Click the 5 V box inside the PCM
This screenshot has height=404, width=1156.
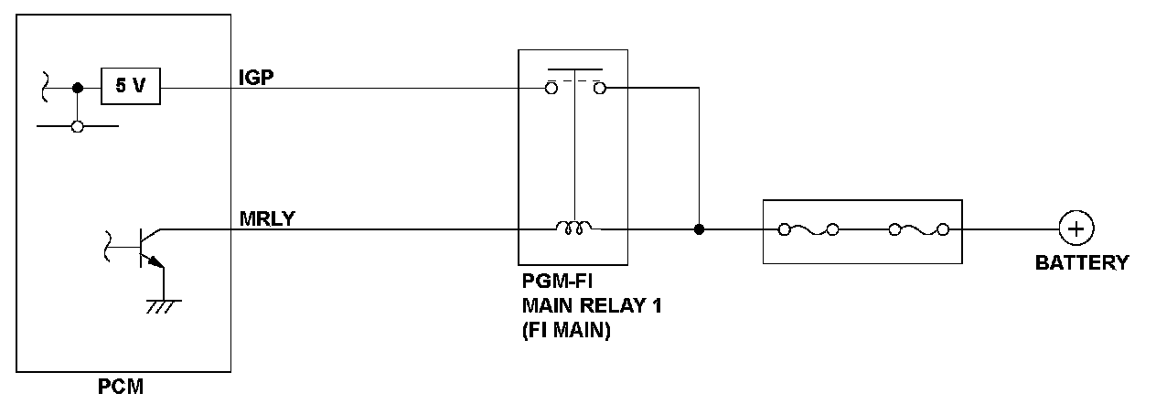tap(131, 86)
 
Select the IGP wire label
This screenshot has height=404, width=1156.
tap(256, 78)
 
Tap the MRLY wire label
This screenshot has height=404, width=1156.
tap(267, 218)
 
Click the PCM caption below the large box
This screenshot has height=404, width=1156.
tap(121, 387)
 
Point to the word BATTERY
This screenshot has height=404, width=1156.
tap(1082, 262)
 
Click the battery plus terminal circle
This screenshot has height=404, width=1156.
tap(1076, 229)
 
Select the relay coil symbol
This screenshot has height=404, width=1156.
tap(573, 228)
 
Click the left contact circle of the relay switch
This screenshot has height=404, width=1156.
tap(551, 89)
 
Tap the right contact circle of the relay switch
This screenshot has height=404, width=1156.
tap(600, 89)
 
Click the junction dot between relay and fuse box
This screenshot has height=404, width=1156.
tap(699, 229)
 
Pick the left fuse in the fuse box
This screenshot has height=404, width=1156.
tap(808, 230)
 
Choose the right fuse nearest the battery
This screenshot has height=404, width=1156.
tap(919, 230)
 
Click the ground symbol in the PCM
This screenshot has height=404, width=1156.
tap(164, 306)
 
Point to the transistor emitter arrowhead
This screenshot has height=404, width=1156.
tap(155, 262)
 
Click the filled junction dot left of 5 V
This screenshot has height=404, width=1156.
tap(78, 89)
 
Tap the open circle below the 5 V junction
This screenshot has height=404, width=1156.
tap(78, 126)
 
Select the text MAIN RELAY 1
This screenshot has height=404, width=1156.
tap(592, 306)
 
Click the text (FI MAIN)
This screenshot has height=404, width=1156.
tap(566, 330)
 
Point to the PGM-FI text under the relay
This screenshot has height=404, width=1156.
tap(557, 282)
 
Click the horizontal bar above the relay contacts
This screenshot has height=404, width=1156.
tap(575, 69)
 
